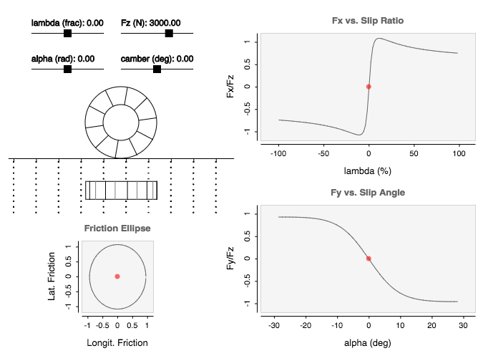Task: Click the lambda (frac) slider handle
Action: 67,33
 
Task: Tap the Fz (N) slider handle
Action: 169,33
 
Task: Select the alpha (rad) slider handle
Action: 67,69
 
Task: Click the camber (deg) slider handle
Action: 157,69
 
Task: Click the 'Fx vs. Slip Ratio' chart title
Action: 368,21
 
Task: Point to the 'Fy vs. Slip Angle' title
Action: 368,193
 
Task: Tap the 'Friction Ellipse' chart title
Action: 117,229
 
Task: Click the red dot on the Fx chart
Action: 369,87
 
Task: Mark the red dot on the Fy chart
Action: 369,259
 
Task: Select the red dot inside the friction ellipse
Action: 117,276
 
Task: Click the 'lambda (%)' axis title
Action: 368,172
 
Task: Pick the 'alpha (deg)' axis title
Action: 368,344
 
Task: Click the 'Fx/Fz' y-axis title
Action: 230,87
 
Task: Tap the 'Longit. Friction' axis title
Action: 117,342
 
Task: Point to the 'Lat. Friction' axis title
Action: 52,276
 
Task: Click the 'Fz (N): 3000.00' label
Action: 150,23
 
